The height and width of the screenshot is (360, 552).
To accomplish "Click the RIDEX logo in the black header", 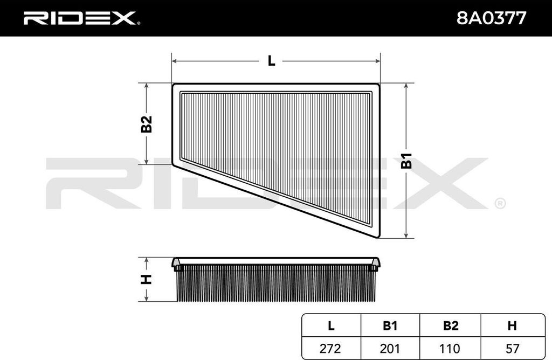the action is [80, 18].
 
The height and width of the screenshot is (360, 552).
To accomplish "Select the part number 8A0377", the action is [492, 18].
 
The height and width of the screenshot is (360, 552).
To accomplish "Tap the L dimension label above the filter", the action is [271, 61].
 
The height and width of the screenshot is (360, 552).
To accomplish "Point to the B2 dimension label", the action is [147, 124].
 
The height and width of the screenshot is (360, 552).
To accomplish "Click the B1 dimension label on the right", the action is [406, 161].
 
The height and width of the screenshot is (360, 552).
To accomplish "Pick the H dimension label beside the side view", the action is [146, 279].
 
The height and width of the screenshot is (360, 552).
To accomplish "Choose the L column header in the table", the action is [331, 326].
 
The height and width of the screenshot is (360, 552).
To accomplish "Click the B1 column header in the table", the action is [390, 326].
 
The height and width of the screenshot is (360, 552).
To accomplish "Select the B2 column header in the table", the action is [450, 326].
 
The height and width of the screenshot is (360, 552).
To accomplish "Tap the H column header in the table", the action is [512, 326].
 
